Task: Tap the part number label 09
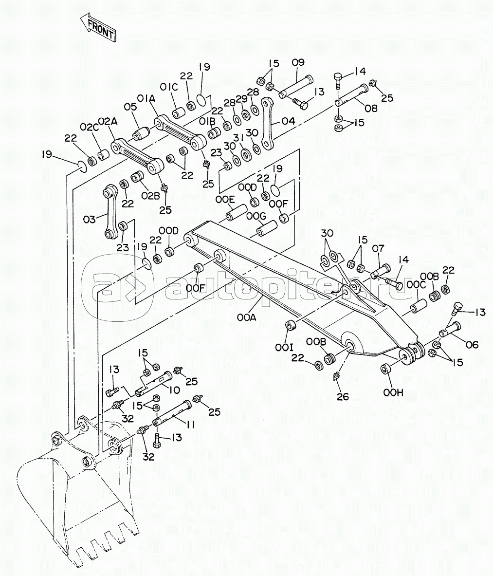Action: pos(298,63)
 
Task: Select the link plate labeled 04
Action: pos(267,124)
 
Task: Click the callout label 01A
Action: pos(146,99)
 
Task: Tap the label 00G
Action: pos(256,216)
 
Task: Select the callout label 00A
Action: pos(247,317)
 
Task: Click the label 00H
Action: pos(393,393)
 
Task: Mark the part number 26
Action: pos(343,397)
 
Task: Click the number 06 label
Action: pos(472,345)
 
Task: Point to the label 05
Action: pos(130,107)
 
